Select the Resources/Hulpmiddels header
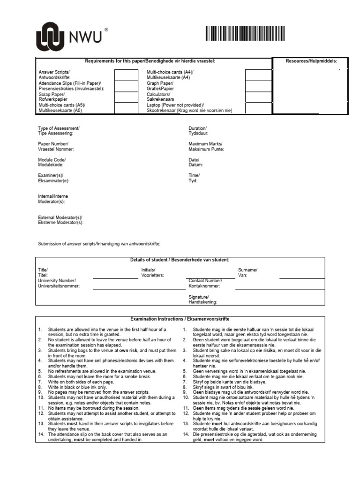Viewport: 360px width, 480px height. (x=311, y=61)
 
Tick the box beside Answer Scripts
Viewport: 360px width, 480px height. (x=126, y=75)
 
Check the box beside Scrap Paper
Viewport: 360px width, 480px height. (x=126, y=97)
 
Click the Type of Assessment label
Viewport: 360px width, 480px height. (x=59, y=131)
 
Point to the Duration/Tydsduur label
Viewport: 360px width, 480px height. (x=197, y=131)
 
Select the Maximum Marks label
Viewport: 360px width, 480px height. (x=206, y=147)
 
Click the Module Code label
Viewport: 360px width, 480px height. (x=52, y=162)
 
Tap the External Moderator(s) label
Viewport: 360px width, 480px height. (x=60, y=220)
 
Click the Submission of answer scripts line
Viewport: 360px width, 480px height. (x=99, y=244)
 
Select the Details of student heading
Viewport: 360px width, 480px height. (x=180, y=260)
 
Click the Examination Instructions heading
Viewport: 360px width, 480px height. (x=180, y=319)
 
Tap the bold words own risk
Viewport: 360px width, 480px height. (x=129, y=350)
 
